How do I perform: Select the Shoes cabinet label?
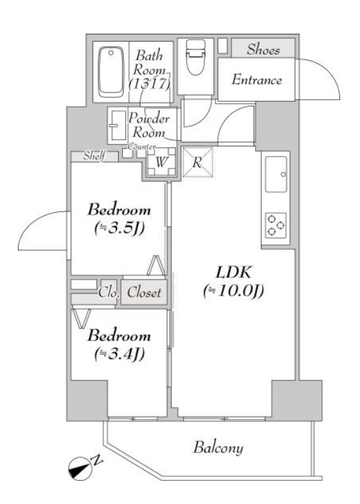tap(264, 50)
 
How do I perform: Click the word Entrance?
tap(257, 80)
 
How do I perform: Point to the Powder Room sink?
tap(118, 124)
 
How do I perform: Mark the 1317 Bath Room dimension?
tap(151, 84)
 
